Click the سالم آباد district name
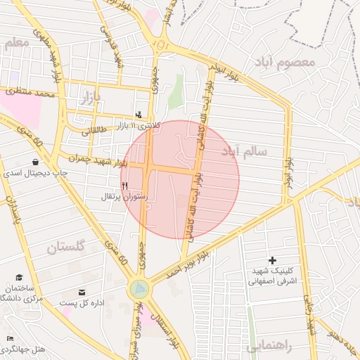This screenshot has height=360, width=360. (245, 152)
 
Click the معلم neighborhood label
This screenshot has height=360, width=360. (17, 44)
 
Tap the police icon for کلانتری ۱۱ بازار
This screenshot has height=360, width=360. (139, 115)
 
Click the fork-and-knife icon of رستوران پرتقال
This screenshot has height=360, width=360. (125, 186)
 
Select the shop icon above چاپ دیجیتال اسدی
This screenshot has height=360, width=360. (35, 162)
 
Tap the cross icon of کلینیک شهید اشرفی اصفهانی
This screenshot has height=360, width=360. (272, 261)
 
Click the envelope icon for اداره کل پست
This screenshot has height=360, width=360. (82, 292)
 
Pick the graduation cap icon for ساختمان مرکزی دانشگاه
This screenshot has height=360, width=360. (19, 278)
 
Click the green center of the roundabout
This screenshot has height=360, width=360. (139, 288)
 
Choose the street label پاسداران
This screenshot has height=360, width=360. (14, 212)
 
